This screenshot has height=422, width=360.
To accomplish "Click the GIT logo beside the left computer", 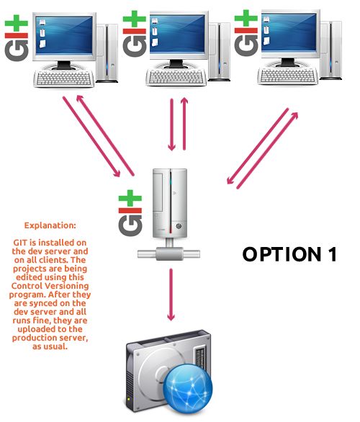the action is point(17,38).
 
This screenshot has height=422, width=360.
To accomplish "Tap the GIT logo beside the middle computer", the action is point(134,34).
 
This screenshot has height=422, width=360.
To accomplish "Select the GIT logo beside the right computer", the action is point(246,33).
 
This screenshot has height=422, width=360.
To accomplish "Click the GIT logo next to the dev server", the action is point(130,213).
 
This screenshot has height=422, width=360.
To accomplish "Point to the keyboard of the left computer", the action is point(64,78).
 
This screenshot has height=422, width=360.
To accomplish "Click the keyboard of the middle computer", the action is point(176,77).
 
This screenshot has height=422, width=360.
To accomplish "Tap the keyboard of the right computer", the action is point(288,76).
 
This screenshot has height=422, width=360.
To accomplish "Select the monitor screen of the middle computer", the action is point(177,33).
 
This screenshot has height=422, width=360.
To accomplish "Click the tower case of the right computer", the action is point(331,50).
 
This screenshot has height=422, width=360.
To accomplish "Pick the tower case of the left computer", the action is point(107,53).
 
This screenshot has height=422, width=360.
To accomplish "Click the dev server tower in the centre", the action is point(170,203).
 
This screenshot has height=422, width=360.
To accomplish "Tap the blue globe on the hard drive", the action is point(187,388).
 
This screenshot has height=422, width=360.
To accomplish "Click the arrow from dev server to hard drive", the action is point(171,295).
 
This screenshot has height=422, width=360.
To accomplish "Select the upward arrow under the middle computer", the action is point(184,124).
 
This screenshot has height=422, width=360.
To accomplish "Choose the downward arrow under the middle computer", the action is point(171,125).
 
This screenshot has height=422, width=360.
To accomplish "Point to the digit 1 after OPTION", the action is point(333,254).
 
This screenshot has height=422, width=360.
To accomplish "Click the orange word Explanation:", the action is point(50,225).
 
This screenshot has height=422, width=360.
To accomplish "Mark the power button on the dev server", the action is point(179,226).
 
